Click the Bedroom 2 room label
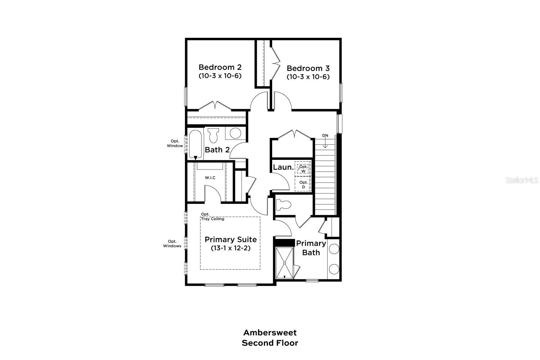click(x=220, y=67)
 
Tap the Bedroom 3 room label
click(x=308, y=68)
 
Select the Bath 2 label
click(x=217, y=150)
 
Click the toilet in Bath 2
click(x=213, y=135)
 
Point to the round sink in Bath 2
click(x=235, y=133)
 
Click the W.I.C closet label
click(x=210, y=178)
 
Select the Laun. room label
click(x=283, y=167)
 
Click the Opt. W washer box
click(x=303, y=169)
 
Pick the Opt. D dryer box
click(x=303, y=184)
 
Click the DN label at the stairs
click(x=325, y=136)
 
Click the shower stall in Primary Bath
click(x=285, y=263)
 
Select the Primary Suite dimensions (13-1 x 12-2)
click(x=230, y=248)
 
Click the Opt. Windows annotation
click(x=172, y=244)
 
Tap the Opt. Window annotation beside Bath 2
click(x=175, y=144)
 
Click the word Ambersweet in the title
click(x=270, y=332)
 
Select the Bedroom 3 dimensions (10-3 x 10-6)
click(x=308, y=77)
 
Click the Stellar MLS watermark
click(x=522, y=180)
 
